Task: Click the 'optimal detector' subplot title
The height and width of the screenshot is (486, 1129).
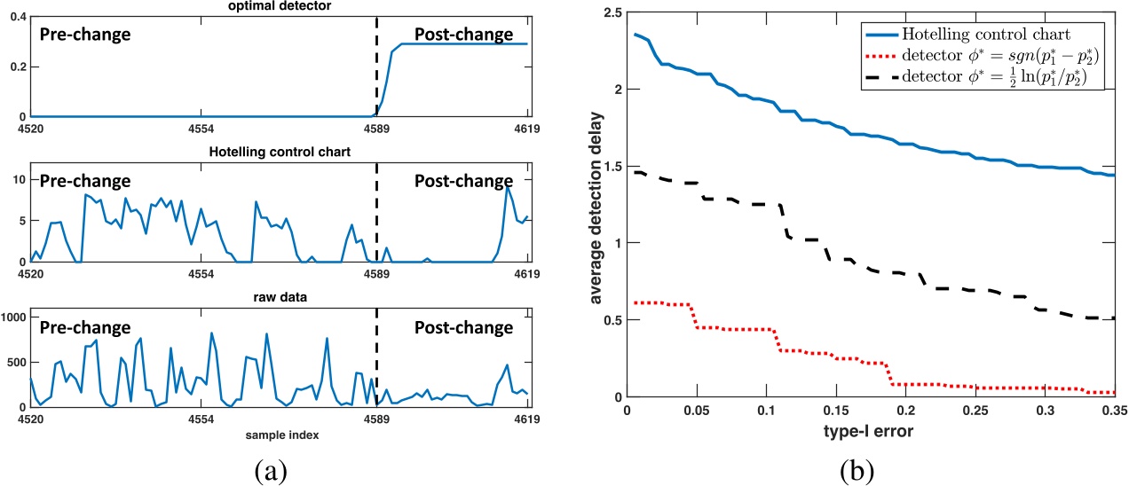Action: point(280,6)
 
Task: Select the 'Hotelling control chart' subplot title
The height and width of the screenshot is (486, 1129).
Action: point(279,151)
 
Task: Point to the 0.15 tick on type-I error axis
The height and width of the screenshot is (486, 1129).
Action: point(835,412)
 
